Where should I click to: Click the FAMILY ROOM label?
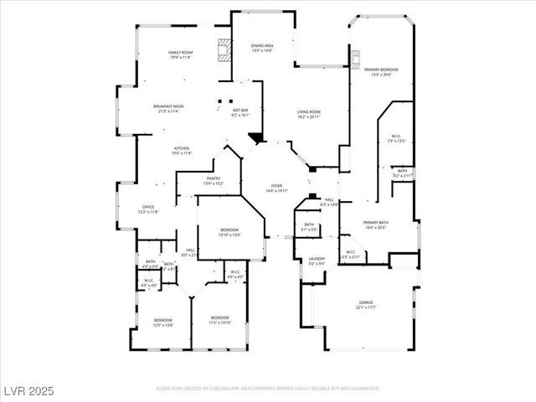[181, 52]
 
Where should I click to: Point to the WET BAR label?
[240, 110]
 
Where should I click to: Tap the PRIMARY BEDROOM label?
[380, 70]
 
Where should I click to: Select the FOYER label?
[276, 185]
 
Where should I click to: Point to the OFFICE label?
[147, 207]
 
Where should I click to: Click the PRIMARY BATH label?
[374, 223]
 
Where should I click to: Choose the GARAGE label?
[366, 302]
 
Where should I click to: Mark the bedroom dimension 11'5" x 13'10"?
[219, 322]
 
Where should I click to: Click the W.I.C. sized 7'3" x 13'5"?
[396, 141]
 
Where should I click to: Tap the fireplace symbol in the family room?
[224, 52]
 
